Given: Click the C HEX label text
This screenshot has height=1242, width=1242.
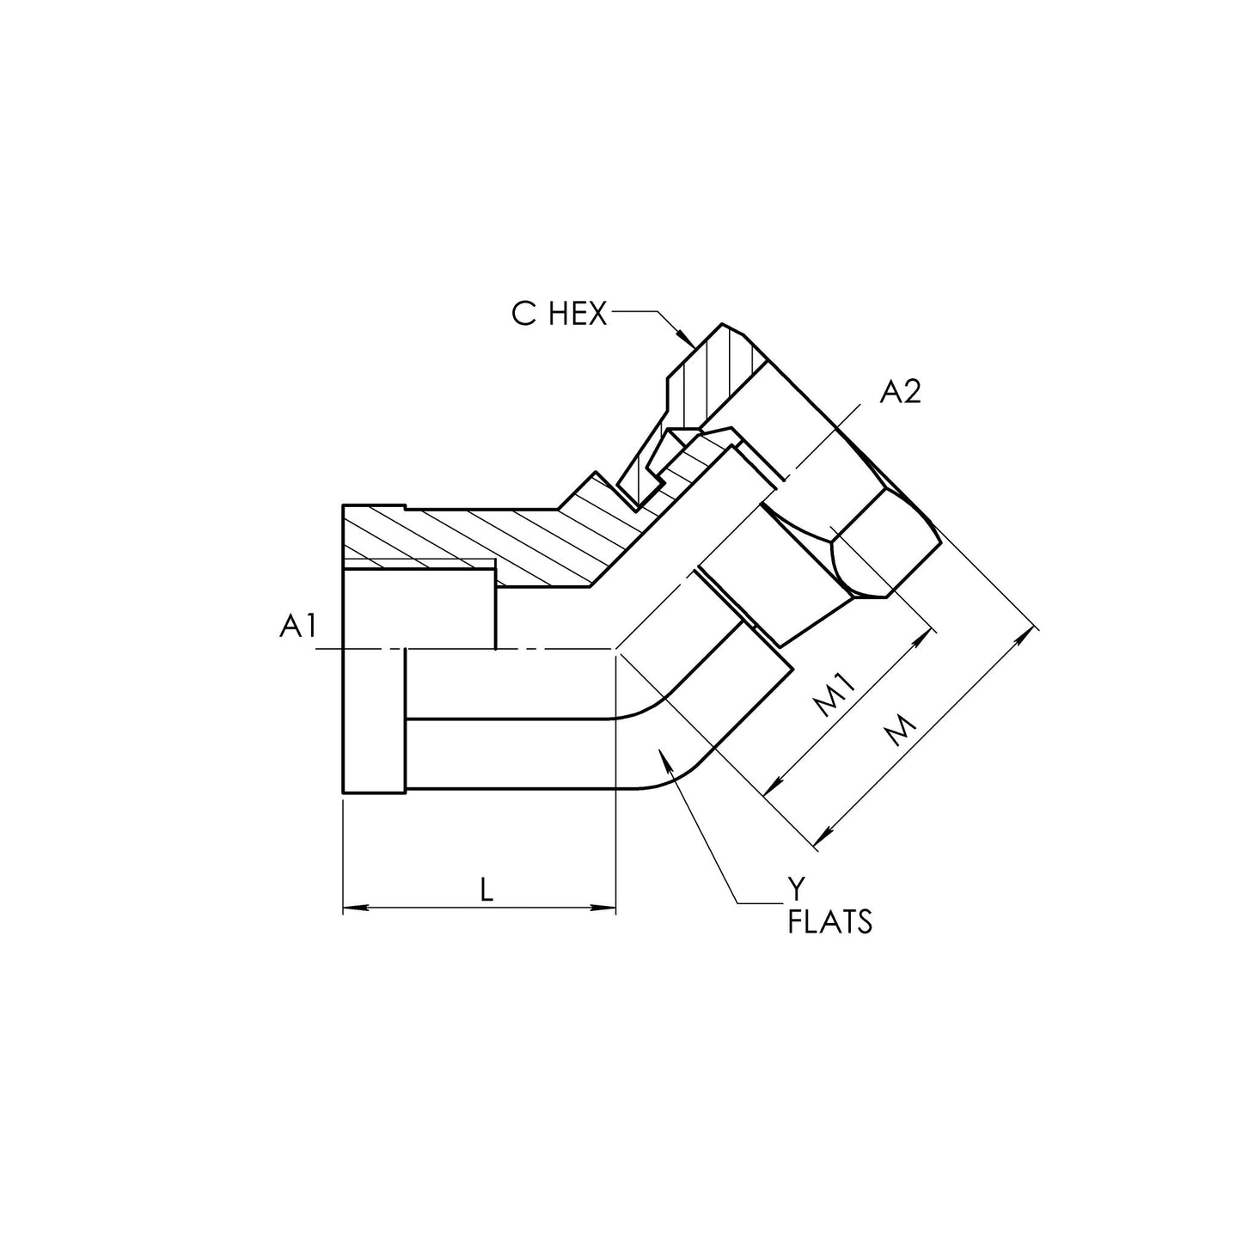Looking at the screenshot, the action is point(559,314).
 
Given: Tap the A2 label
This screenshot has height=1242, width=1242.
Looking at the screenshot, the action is point(901,392).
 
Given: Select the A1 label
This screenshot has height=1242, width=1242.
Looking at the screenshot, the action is point(297,626).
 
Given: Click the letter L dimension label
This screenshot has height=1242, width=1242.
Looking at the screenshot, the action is point(486,890).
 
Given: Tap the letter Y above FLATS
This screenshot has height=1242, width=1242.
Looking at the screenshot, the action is point(798,890).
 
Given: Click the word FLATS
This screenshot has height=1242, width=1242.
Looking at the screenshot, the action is point(830,922).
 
